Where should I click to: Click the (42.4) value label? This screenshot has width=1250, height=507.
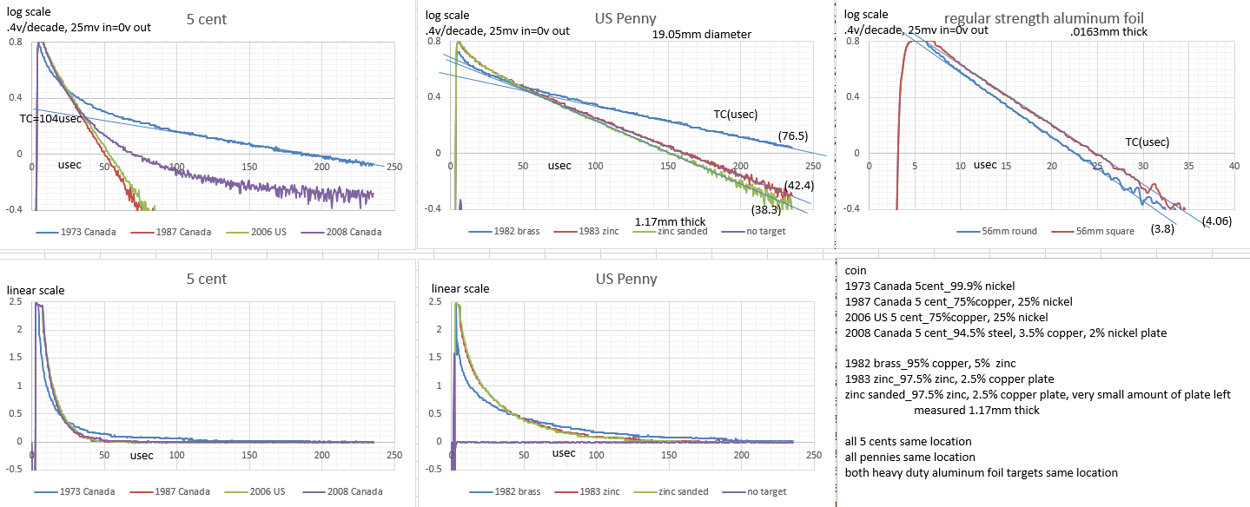point(798,185)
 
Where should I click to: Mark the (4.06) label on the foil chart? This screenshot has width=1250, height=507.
point(1219,221)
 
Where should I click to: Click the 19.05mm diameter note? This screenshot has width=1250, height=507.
point(702,35)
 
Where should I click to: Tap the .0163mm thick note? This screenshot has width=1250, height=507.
point(1109,32)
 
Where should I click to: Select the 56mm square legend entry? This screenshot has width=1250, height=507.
point(1099,233)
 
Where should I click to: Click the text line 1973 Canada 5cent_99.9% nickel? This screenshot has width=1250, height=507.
point(929,286)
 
